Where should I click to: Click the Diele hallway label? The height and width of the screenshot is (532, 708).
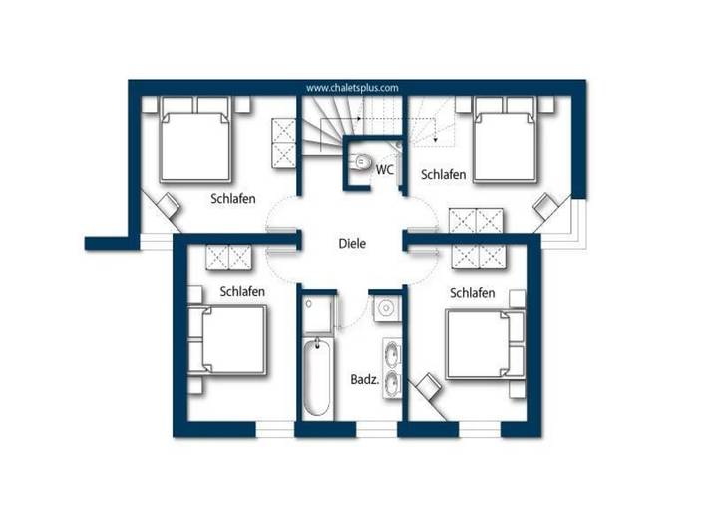pyautogui.click(x=352, y=243)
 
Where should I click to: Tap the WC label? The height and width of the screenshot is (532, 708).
pyautogui.click(x=385, y=170)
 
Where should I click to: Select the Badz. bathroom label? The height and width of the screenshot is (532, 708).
pyautogui.click(x=362, y=380)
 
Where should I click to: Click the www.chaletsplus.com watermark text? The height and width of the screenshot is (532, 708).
pyautogui.click(x=352, y=88)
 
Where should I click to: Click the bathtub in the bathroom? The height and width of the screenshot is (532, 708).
pyautogui.click(x=316, y=378)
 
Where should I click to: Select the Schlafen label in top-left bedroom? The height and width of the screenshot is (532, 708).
pyautogui.click(x=233, y=198)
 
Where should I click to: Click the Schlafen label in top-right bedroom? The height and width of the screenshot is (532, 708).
pyautogui.click(x=443, y=175)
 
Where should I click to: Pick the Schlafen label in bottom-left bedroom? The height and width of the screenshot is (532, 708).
pyautogui.click(x=242, y=291)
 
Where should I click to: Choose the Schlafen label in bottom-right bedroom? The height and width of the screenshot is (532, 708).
pyautogui.click(x=473, y=293)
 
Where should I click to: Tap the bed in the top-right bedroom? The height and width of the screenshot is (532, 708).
pyautogui.click(x=506, y=141)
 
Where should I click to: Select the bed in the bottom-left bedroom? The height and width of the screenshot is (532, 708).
pyautogui.click(x=231, y=342)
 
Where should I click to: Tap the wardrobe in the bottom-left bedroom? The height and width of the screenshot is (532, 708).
pyautogui.click(x=231, y=257)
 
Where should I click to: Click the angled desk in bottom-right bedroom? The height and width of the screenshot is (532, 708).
pyautogui.click(x=430, y=387)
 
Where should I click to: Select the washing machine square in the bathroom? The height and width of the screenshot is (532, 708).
pyautogui.click(x=385, y=308)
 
